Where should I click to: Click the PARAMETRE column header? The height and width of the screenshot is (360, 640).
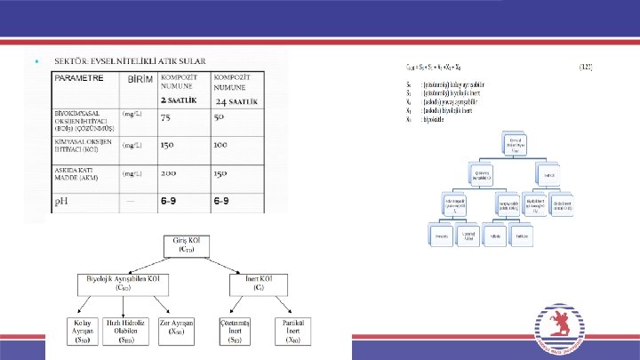coord(79,78)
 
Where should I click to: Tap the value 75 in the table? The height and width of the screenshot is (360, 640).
coord(165,117)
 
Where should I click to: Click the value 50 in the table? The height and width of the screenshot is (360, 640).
coord(219,117)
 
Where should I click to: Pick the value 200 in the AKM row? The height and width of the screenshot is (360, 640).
coord(169,173)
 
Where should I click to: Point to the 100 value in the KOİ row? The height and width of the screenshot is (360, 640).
coord(221,145)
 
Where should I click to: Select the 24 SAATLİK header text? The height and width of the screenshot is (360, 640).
coord(236,101)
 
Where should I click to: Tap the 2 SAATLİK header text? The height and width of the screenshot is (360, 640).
coord(180,101)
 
